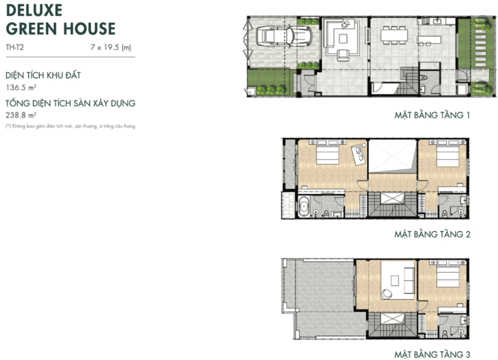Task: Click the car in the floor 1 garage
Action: (x=284, y=35)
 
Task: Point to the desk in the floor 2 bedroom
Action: (x=358, y=155)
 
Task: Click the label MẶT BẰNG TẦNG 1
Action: (x=432, y=115)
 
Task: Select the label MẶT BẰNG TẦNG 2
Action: (x=432, y=234)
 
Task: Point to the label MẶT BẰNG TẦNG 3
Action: (x=432, y=354)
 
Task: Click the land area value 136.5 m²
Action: (x=21, y=87)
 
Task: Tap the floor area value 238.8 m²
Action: (x=21, y=115)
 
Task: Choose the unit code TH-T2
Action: (x=15, y=47)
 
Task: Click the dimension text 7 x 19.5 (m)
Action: (x=111, y=47)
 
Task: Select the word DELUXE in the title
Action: (x=34, y=10)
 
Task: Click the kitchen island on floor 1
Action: (x=429, y=40)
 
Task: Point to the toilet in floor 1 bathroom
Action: (x=424, y=78)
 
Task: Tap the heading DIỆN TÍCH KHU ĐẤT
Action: (x=43, y=75)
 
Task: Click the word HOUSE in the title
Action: (x=89, y=29)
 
